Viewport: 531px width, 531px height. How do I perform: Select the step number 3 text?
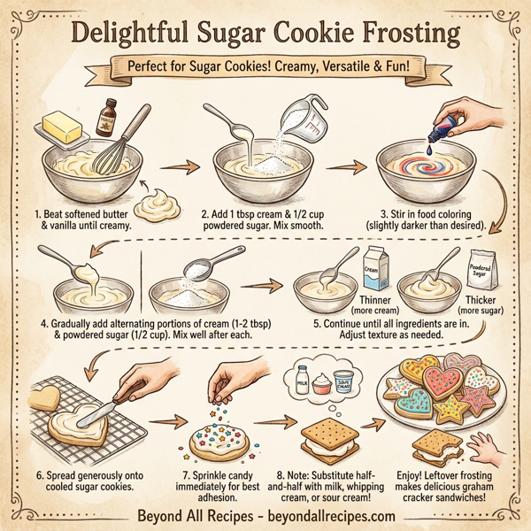click(x=382, y=214)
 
